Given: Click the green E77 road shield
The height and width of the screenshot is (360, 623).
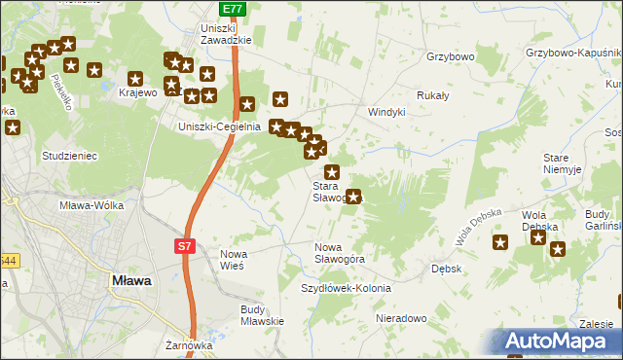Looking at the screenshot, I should pos(232,9).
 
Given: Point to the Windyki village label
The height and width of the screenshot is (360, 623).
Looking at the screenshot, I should pos(385,112).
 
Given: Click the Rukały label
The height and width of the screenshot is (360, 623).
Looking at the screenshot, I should pos(432,95).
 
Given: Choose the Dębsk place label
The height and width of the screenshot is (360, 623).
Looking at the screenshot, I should pos(446,268).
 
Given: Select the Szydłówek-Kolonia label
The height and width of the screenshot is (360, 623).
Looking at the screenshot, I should pos(346,289).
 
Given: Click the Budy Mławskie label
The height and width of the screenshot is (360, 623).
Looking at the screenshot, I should pos(261,315).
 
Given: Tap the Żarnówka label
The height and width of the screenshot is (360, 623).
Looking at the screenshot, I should pos(189,344).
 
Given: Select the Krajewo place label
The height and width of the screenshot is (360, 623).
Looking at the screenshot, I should pos(137,93).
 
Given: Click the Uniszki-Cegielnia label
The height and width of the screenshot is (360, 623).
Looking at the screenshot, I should pos(217,126).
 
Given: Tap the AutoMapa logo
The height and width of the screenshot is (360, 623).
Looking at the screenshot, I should pos(559,342).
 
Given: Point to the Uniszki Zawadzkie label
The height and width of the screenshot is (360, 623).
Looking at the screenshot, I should pos(226,34).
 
